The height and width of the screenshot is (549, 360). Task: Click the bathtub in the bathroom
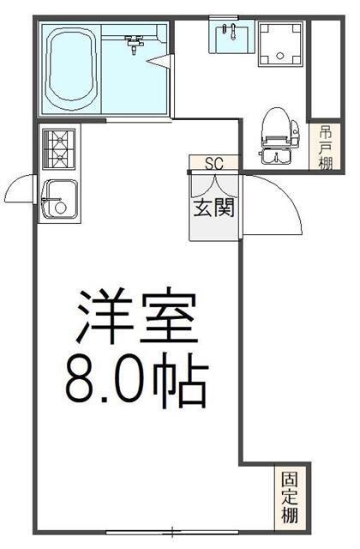72,69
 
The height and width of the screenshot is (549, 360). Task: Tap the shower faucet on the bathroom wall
134,44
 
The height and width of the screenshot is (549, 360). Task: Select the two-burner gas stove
59,149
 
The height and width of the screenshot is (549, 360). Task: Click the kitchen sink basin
59,200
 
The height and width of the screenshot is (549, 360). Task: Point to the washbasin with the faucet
231,37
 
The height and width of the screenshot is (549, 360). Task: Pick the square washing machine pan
281,44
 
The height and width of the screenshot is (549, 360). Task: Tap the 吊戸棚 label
325,148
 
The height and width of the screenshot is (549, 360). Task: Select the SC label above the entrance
214,164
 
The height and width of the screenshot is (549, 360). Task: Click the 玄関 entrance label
213,208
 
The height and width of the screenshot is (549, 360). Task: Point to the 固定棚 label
290,498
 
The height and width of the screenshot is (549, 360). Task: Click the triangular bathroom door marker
159,61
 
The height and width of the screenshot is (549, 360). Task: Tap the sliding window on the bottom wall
172,533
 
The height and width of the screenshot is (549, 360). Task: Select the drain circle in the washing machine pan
280,55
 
